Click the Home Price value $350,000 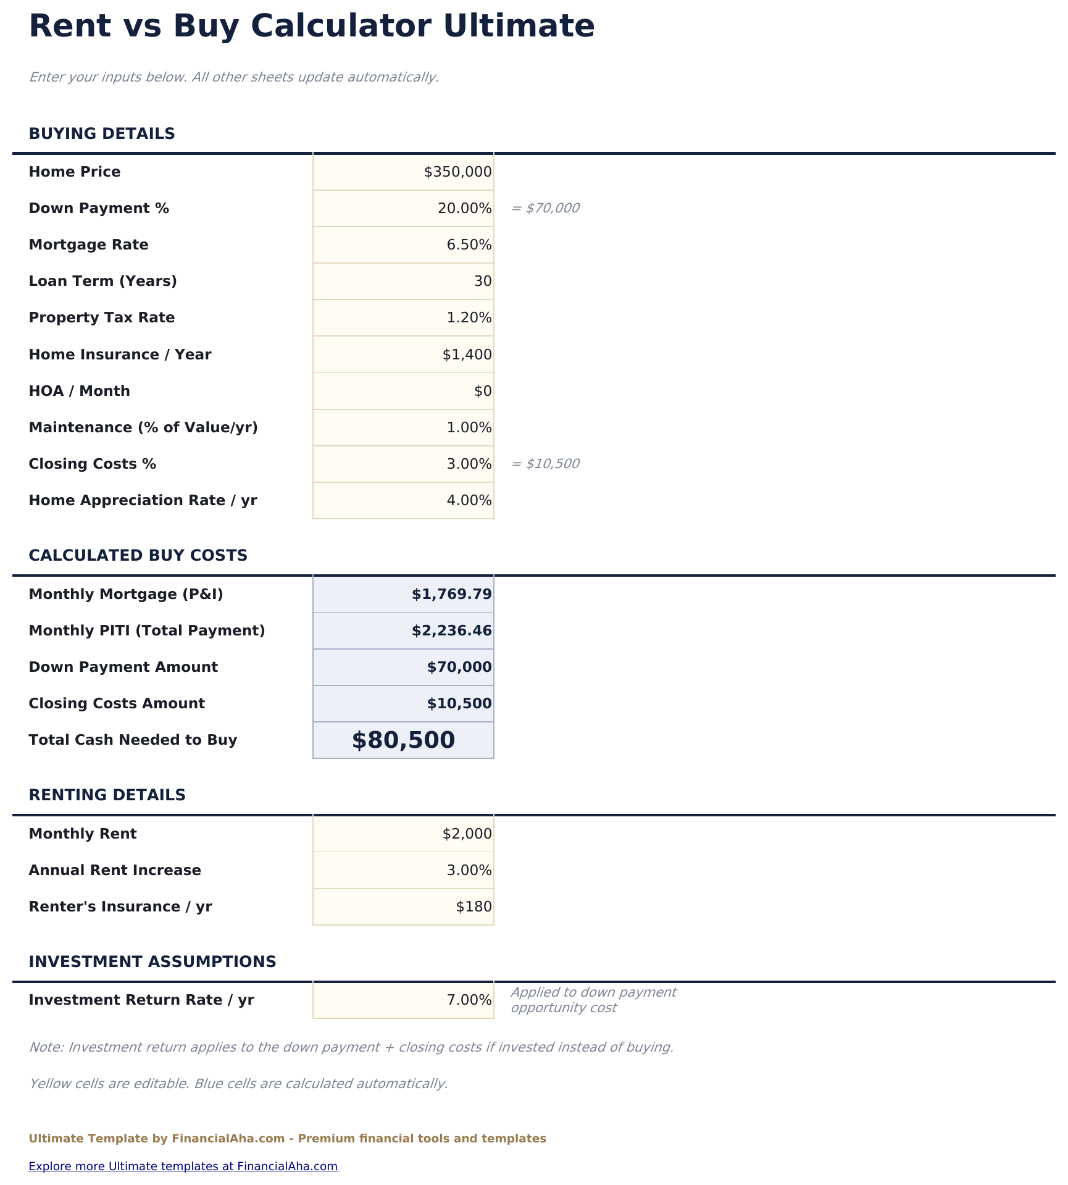pos(457,172)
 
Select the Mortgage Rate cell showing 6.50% pos(469,245)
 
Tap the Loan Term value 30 pos(483,282)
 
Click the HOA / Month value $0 pos(483,392)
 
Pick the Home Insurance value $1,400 pos(467,355)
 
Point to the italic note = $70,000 pos(546,208)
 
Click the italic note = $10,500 pos(546,464)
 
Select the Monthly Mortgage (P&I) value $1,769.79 pos(451,595)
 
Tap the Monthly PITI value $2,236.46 pos(451,631)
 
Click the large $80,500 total pos(403,740)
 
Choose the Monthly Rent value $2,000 pos(467,834)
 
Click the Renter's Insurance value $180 pos(474,907)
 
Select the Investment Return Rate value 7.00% pos(469,1000)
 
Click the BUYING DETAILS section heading pos(102,134)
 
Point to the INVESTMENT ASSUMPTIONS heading pos(152,962)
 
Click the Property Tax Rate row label pos(102,318)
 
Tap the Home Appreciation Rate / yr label pos(143,501)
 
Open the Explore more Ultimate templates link pos(183,1166)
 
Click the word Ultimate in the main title pos(519,27)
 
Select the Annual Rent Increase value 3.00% pos(469,871)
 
